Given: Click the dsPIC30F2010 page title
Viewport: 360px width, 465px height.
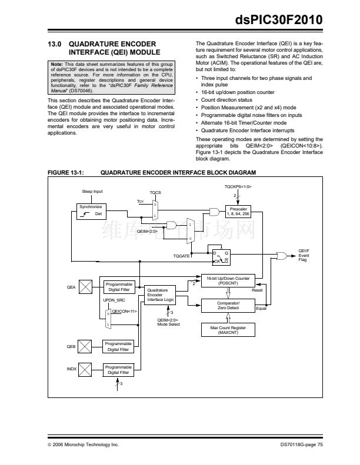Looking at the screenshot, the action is (279, 19).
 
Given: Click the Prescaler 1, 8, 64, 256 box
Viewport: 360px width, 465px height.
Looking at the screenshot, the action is (238, 211).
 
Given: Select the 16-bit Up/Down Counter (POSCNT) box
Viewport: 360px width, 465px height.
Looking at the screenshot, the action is (228, 280).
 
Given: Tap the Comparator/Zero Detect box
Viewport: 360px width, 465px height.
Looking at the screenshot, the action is (228, 306).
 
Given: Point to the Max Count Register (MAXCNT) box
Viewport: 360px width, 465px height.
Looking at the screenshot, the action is (228, 330).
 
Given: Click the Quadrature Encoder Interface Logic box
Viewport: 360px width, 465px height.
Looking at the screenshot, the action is (159, 295).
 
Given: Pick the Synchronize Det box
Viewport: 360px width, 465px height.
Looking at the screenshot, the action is (91, 211).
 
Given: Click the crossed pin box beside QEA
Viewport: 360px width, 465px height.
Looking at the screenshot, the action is (85, 287).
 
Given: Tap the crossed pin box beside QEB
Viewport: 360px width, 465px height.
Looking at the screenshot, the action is (85, 346).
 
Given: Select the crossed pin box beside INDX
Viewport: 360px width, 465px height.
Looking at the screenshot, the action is (85, 370).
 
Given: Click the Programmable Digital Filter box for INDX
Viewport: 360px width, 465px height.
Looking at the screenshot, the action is (118, 370).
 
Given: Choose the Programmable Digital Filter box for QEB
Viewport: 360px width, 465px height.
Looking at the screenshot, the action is (118, 346).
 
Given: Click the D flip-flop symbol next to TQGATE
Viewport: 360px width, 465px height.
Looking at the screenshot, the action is (221, 257).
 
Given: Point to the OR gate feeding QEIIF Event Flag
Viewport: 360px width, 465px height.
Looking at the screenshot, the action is (282, 256).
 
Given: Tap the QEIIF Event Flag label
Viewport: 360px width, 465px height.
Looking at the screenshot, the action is (304, 255).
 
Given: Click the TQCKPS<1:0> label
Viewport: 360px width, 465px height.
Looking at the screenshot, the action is (238, 186).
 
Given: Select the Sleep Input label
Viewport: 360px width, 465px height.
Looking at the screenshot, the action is (92, 191).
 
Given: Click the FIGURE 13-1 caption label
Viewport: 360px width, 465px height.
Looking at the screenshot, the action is (66, 173).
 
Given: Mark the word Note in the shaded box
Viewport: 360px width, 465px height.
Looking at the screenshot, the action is (56, 64).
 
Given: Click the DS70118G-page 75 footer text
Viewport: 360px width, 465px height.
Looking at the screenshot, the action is (302, 444).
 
